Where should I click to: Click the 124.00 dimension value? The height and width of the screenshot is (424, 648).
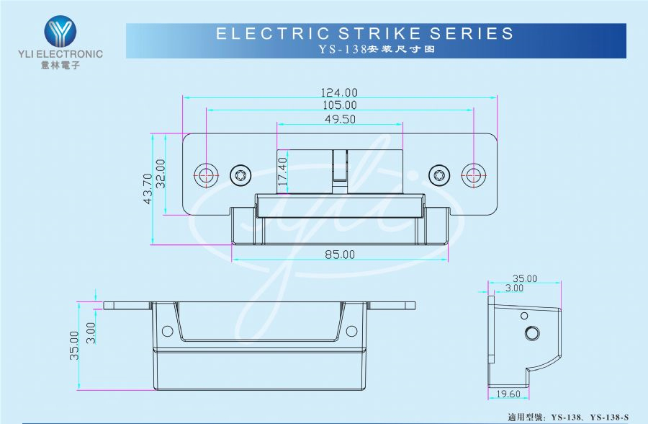(x=339, y=92)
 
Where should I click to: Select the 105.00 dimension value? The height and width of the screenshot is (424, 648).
(x=339, y=105)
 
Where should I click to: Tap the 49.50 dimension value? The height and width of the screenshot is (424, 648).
(x=339, y=120)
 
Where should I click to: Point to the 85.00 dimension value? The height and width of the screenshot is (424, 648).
(x=339, y=254)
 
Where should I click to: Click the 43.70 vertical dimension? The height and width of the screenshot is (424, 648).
(x=148, y=189)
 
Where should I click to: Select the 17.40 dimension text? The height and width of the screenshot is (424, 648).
(x=282, y=174)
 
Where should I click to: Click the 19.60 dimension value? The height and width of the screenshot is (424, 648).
(x=508, y=394)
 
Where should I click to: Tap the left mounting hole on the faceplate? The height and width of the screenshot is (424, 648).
(x=207, y=175)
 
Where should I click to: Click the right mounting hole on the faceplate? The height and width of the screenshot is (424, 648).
(x=473, y=175)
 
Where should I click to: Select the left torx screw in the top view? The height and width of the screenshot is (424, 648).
(x=239, y=175)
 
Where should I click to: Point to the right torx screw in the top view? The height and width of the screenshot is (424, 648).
(x=438, y=175)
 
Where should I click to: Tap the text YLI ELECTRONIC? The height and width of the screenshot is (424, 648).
(x=59, y=54)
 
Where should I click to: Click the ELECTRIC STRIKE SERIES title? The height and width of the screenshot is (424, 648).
(x=365, y=33)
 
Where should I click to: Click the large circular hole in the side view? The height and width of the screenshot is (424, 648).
(x=533, y=332)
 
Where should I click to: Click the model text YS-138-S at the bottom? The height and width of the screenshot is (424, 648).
(x=609, y=417)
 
